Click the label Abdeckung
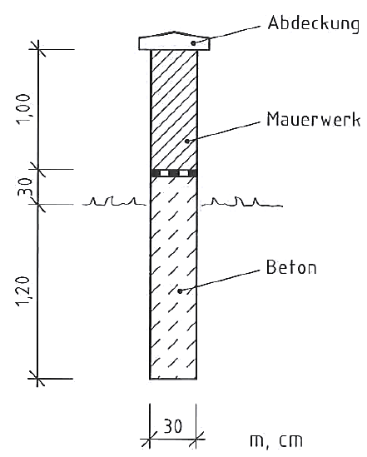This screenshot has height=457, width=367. tap(314, 24)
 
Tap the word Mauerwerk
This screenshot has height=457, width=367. tap(314, 119)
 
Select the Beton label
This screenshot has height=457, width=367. tap(291, 267)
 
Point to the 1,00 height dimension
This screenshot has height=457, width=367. tap(24, 109)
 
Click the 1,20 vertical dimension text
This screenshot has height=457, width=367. tap(23, 291)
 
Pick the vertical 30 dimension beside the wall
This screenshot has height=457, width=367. tap(25, 186)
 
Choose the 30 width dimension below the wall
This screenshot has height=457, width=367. tap(173, 426)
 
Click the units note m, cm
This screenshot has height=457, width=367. tap(276, 440)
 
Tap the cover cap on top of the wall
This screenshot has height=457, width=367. tap(174, 41)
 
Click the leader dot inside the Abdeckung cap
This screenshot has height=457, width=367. tap(193, 43)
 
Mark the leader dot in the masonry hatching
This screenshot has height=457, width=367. tap(187, 141)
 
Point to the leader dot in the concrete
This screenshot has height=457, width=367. tap(180, 291)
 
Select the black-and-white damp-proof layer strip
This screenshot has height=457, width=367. tap(174, 173)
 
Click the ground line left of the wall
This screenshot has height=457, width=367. tap(114, 201)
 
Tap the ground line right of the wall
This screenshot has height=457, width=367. tap(241, 203)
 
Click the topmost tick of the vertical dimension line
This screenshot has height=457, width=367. tap(38, 49)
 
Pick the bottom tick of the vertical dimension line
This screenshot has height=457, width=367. tap(37, 379)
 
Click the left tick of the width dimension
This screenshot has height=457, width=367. tap(150, 439)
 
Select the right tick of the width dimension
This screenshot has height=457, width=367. tap(196, 439)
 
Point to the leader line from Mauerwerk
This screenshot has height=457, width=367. tap(224, 132)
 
